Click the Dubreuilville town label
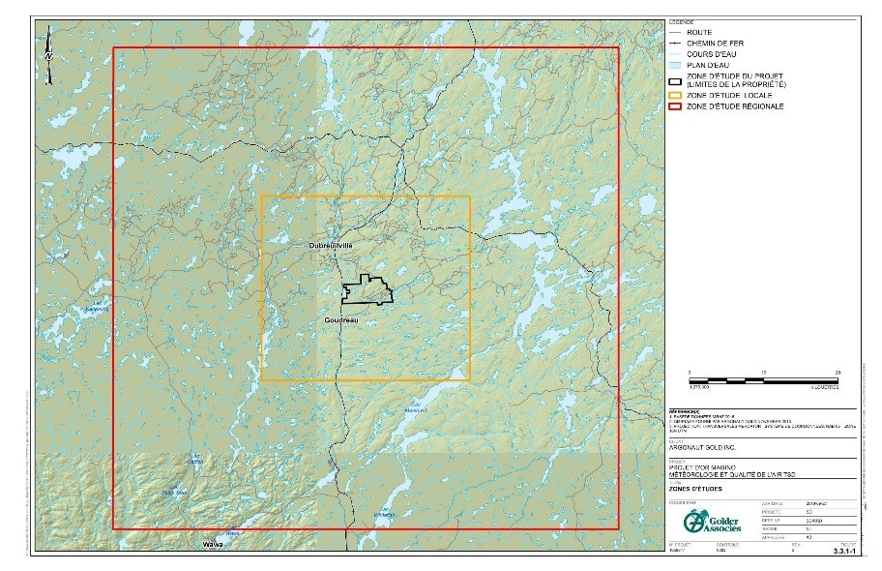[x=324, y=247]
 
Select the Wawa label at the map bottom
[x=212, y=545]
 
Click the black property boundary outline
[x=367, y=291]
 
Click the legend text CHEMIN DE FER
[x=715, y=44]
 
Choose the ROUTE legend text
[x=698, y=33]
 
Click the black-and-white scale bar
[x=763, y=378]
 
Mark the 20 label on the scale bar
[x=838, y=371]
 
